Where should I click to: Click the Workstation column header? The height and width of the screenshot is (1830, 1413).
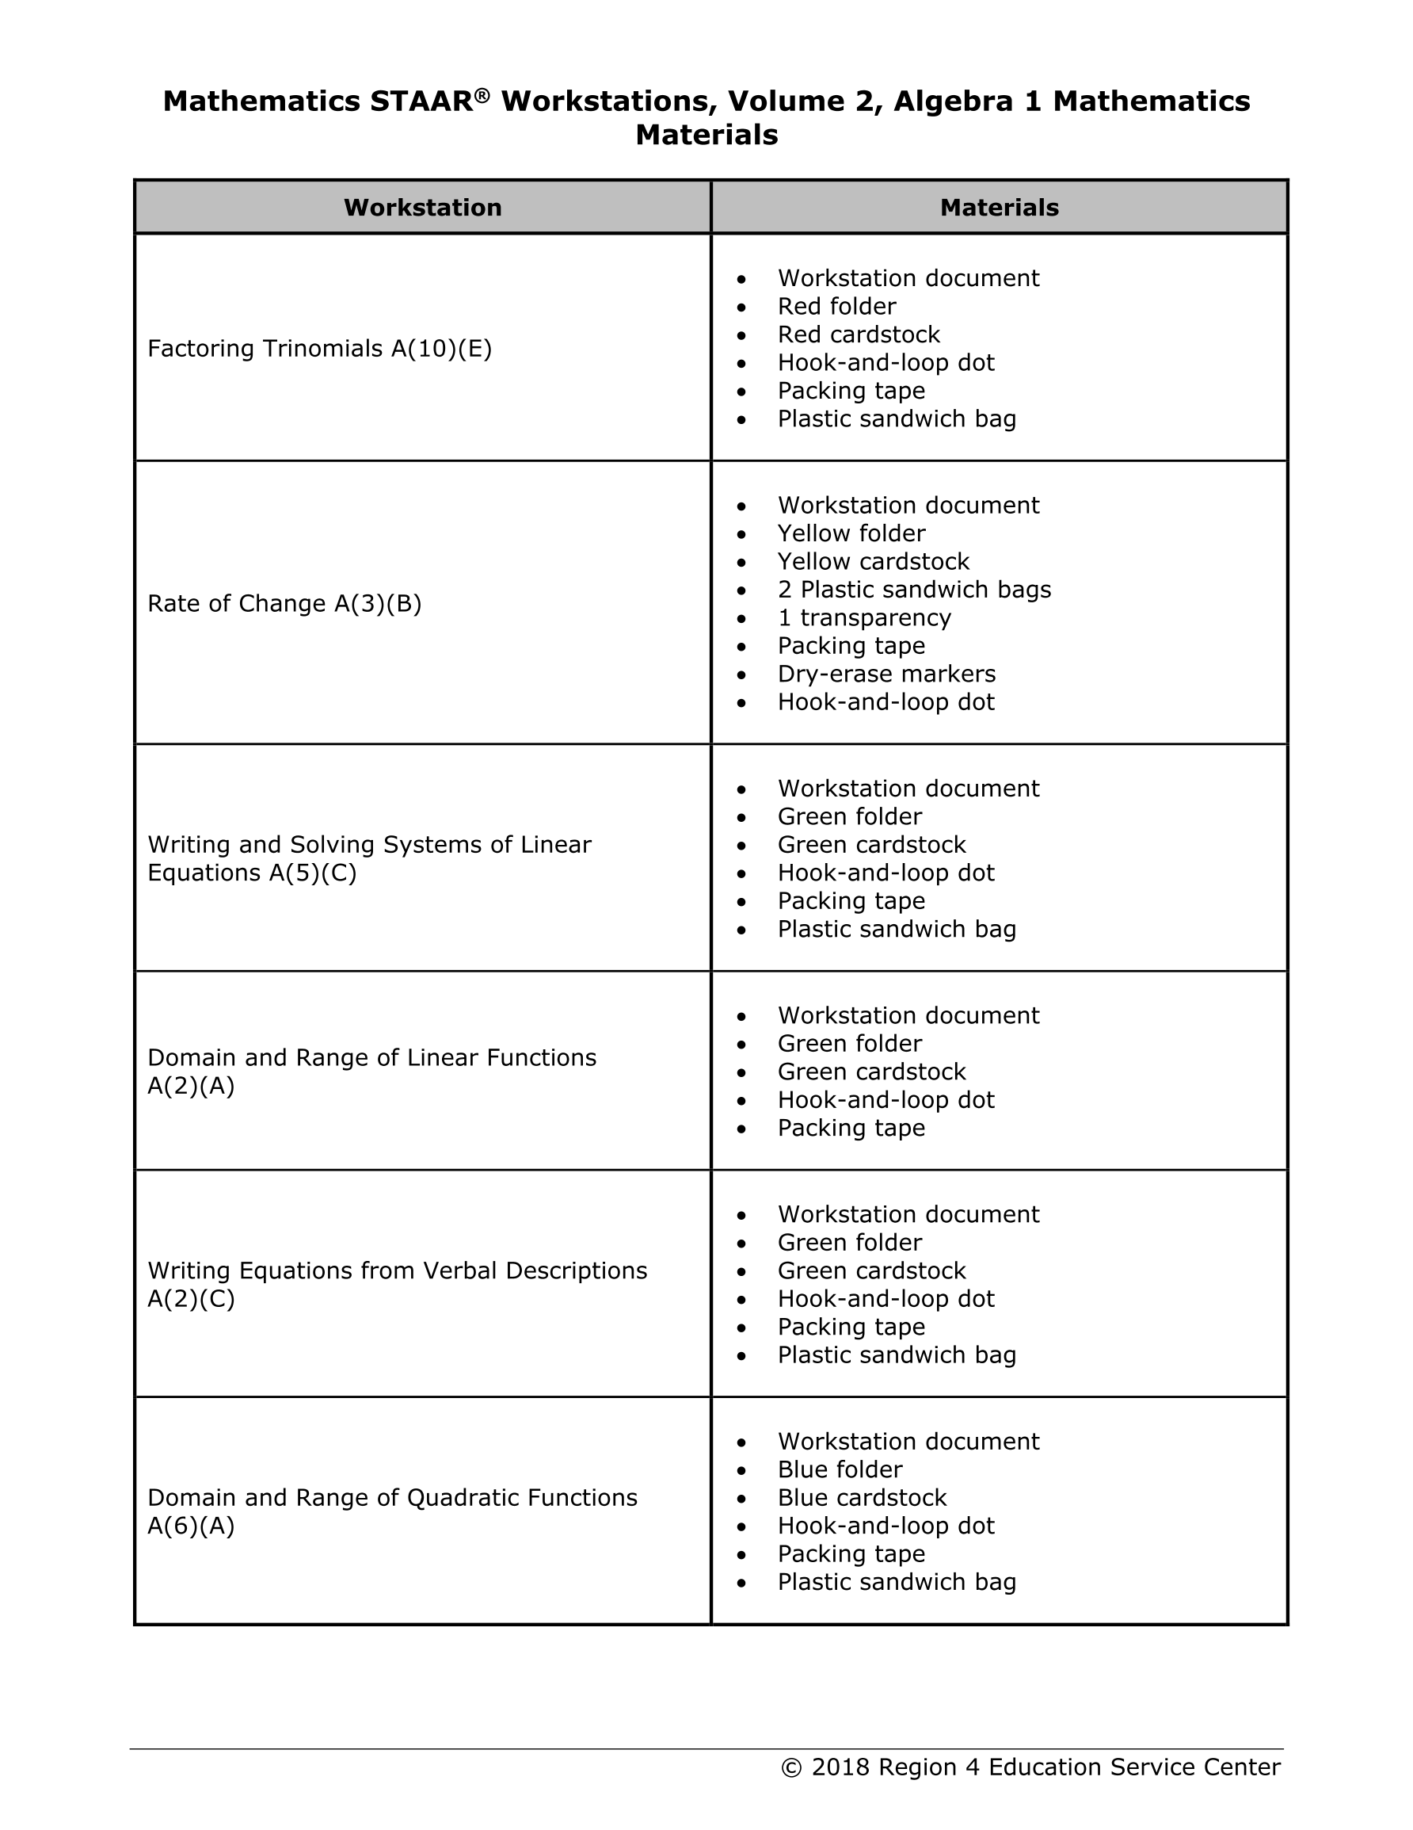click(422, 208)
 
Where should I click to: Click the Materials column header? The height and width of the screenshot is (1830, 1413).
click(999, 208)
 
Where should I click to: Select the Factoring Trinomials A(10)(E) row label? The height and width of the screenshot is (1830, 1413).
click(319, 349)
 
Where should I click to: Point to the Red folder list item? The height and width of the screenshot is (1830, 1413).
click(836, 307)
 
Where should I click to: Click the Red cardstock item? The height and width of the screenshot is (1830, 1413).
click(859, 334)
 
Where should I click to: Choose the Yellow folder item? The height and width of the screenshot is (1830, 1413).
click(851, 533)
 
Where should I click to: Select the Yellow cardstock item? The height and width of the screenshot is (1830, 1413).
click(873, 561)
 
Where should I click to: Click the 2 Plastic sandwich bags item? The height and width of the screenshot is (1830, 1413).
click(914, 590)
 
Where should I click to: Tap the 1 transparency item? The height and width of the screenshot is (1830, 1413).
click(863, 617)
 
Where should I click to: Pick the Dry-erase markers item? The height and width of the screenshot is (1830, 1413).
click(886, 674)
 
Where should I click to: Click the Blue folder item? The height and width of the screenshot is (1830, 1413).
click(840, 1469)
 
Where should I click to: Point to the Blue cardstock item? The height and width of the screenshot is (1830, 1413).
click(862, 1497)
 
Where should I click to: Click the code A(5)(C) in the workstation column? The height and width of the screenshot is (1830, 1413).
click(312, 873)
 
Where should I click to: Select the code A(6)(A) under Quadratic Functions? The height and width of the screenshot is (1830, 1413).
click(191, 1526)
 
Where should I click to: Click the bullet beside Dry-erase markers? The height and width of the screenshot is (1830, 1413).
click(741, 674)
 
